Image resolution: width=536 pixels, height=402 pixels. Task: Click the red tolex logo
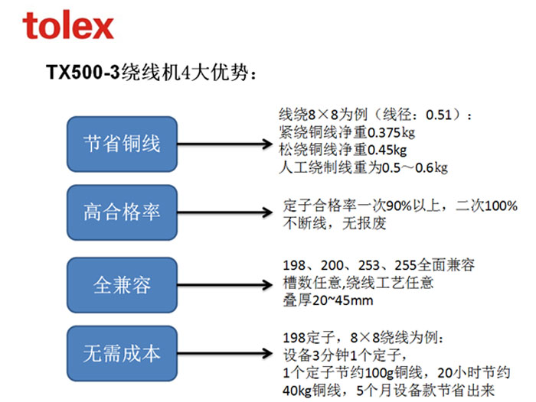[x=68, y=24]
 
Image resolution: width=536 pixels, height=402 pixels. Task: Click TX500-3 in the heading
[x=83, y=72]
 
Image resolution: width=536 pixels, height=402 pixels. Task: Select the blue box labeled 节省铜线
[x=122, y=144]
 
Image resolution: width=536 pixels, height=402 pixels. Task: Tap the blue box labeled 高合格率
[x=122, y=212]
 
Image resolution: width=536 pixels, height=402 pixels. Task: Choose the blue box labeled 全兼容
[x=122, y=285]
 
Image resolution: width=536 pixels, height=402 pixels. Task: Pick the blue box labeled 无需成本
[x=122, y=354]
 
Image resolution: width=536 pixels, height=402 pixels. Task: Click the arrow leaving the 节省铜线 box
[x=225, y=144]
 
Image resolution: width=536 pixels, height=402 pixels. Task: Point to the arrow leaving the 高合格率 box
[x=225, y=212]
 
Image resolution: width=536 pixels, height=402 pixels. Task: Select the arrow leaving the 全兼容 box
[x=225, y=285]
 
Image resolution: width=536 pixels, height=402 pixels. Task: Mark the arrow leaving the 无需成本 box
[x=225, y=354]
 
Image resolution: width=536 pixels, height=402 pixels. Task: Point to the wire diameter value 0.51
[x=439, y=115]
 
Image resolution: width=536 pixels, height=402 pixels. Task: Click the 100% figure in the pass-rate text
[x=501, y=206]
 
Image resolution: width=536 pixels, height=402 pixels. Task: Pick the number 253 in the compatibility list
[x=369, y=265]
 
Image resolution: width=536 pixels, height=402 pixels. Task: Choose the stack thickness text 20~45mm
[x=342, y=300]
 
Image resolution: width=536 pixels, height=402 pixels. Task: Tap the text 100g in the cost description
[x=380, y=373]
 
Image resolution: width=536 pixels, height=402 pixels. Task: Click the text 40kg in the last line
[x=297, y=391]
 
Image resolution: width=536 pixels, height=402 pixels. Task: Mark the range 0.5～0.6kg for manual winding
[x=414, y=167]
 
